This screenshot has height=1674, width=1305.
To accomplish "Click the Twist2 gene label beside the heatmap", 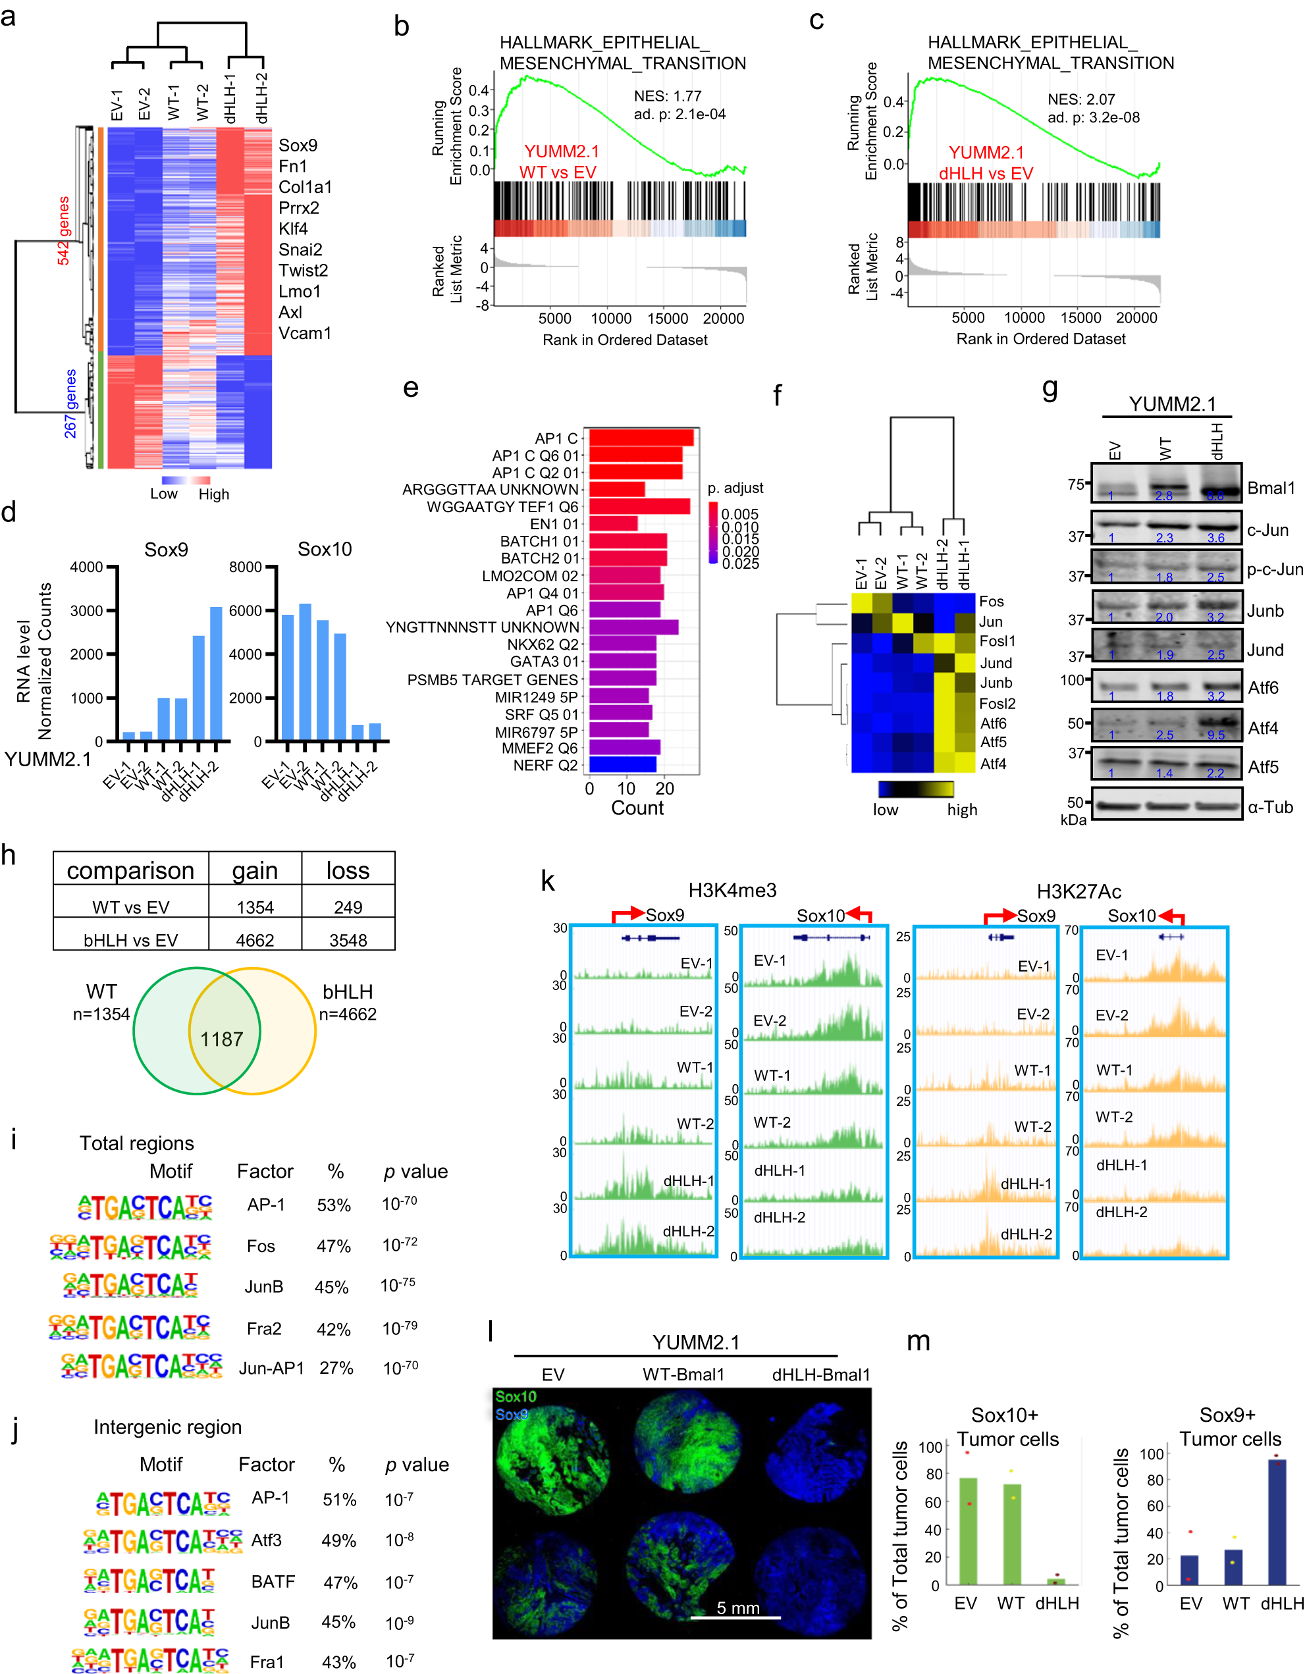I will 303,271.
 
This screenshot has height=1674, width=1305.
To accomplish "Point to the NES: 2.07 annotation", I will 1081,99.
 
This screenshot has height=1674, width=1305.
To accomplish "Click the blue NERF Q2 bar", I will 623,764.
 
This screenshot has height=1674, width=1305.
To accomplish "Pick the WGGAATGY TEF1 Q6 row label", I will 502,507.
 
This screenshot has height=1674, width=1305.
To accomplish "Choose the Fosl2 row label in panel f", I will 997,703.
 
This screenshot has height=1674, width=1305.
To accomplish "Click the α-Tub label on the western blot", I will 1269,807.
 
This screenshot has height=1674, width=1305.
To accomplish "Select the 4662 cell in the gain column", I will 255,940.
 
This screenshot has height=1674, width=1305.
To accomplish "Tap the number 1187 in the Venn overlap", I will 222,1039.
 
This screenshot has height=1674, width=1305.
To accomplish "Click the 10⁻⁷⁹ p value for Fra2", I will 400,1328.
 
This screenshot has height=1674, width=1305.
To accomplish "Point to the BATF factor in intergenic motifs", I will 273,1581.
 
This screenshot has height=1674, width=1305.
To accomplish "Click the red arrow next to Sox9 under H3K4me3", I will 628,914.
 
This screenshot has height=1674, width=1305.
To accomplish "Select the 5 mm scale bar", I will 735,1617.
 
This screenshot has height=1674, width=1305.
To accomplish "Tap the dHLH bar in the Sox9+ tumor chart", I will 1277,1521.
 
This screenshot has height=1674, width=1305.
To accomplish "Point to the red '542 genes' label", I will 64,230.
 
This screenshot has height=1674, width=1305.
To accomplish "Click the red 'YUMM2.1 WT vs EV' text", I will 560,162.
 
